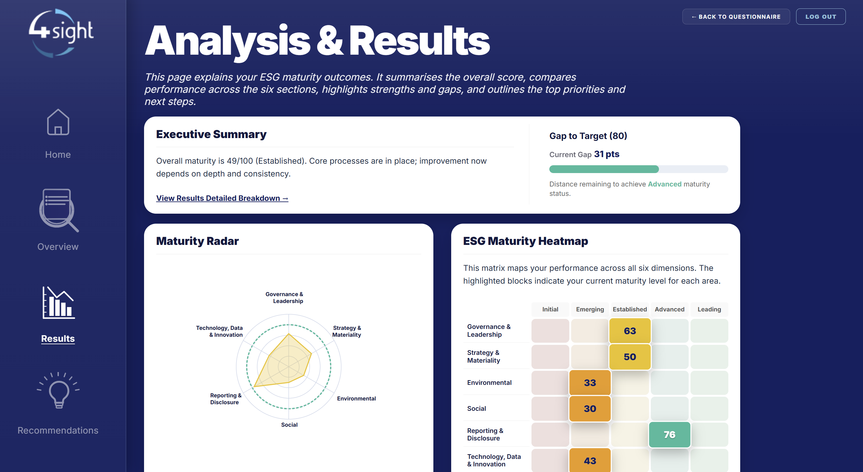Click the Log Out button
tap(821, 17)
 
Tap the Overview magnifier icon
tap(59, 210)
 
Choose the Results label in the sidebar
tap(58, 338)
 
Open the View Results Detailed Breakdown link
tap(222, 198)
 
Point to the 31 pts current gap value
tap(607, 154)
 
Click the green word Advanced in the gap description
tap(665, 184)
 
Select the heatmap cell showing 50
tap(630, 357)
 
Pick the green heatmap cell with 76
tap(670, 435)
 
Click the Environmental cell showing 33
tap(590, 383)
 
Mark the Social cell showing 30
tap(590, 409)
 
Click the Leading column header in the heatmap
tap(709, 309)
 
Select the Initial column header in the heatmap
tap(550, 309)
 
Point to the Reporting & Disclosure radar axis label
tap(226, 399)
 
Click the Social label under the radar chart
tap(289, 425)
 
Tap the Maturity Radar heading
tap(197, 241)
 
